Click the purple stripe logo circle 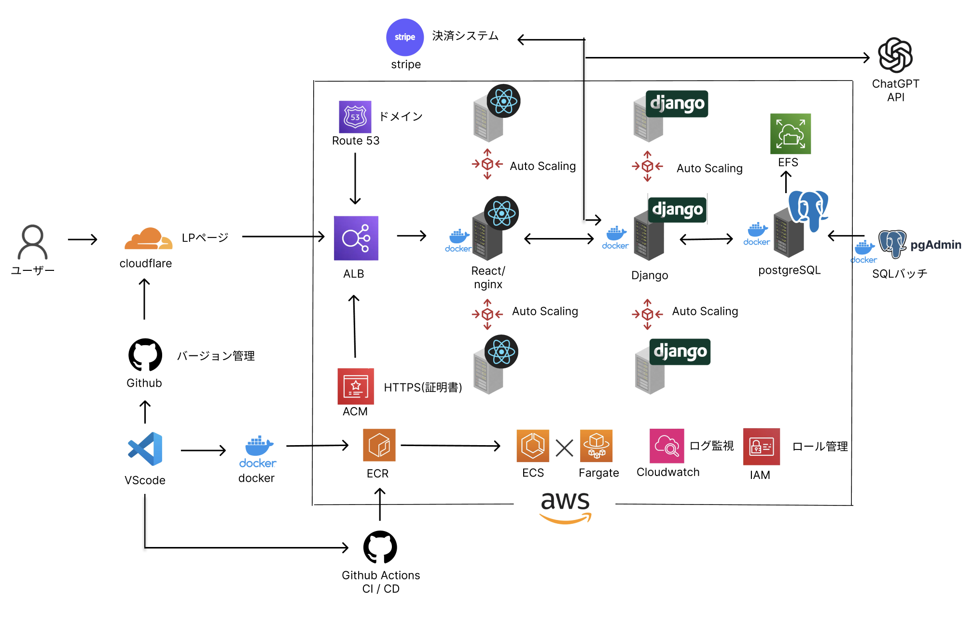tap(404, 37)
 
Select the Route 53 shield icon tap(355, 117)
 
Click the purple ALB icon tap(356, 238)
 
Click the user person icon tap(32, 242)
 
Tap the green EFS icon tap(790, 134)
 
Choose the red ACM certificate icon tap(356, 386)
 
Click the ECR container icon tap(379, 445)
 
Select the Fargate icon tap(596, 446)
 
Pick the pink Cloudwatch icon tap(667, 446)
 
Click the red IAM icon tap(761, 447)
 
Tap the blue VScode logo tap(145, 449)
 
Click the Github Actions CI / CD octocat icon tap(380, 547)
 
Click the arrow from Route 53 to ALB tap(355, 179)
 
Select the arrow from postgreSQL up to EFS tap(786, 182)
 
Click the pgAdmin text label tap(935, 245)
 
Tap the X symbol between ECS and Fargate tap(564, 448)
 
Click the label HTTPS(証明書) tap(423, 387)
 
